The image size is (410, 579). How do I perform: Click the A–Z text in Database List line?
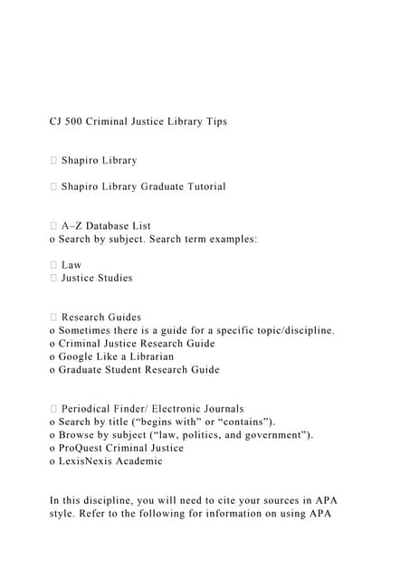pyautogui.click(x=73, y=225)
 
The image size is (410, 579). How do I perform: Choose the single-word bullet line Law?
pyautogui.click(x=72, y=265)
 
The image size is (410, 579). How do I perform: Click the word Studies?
pyautogui.click(x=111, y=278)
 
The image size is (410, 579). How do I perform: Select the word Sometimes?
pyautogui.click(x=91, y=330)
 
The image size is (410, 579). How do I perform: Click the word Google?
pyautogui.click(x=80, y=356)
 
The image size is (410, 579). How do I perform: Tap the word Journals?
pyautogui.click(x=218, y=409)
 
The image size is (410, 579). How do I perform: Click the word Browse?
pyautogui.click(x=80, y=435)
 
